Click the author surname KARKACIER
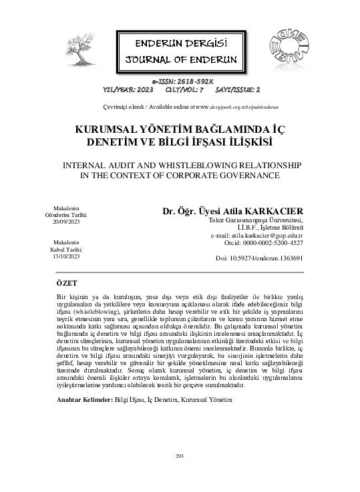(272, 212)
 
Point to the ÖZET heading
(67, 283)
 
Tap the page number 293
(179, 455)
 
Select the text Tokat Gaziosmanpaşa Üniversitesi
(256, 220)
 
